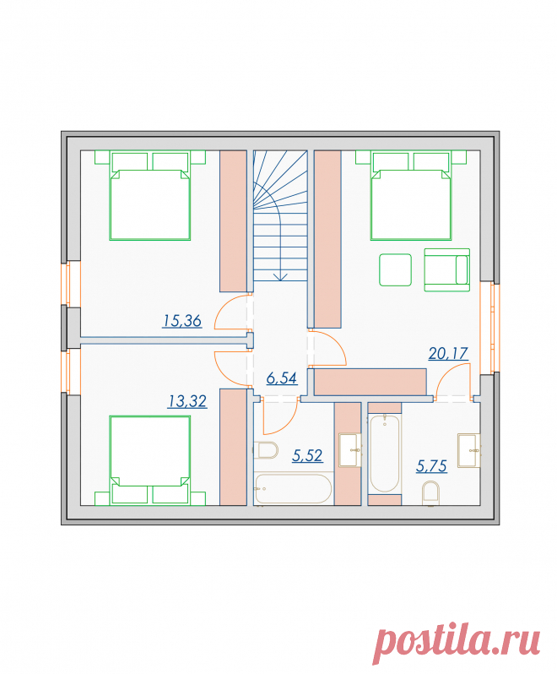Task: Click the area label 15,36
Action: [x=182, y=321]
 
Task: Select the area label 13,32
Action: [x=187, y=401]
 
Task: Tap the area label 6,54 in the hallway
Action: [x=282, y=378]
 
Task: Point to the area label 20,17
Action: [x=448, y=353]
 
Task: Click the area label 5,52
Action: [x=307, y=455]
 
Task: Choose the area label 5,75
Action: [x=431, y=466]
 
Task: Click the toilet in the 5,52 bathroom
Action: [x=265, y=450]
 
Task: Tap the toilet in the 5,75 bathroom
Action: [x=430, y=493]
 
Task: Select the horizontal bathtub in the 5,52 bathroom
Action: [x=294, y=489]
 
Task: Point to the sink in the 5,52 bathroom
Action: [x=349, y=450]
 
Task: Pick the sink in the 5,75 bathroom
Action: [x=468, y=450]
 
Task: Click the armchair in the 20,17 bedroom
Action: [x=447, y=270]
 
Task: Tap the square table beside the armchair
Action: [x=395, y=270]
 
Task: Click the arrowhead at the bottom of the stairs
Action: [x=280, y=277]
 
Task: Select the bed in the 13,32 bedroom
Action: [x=150, y=459]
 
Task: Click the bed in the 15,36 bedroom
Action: [x=150, y=195]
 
